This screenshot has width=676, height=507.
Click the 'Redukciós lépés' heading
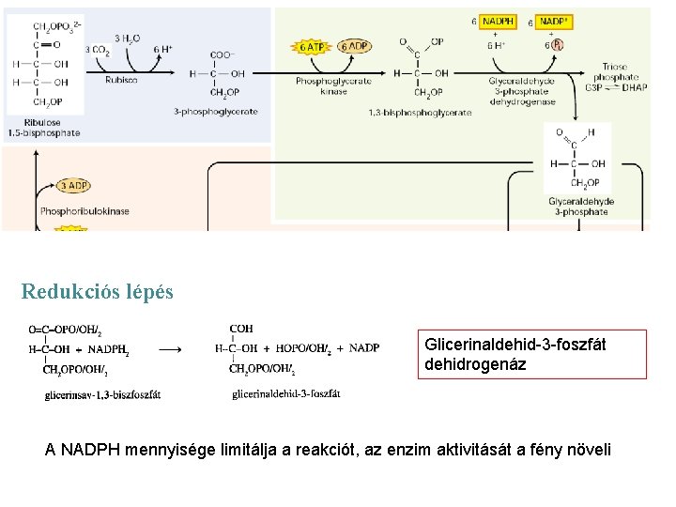coord(98,291)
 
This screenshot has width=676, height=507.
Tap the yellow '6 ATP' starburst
coord(313,46)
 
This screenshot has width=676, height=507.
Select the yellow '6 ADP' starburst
coord(354,46)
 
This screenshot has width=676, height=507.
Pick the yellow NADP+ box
coord(555,20)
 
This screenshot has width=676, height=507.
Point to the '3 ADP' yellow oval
coord(73,186)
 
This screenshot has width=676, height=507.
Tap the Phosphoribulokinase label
coord(84,211)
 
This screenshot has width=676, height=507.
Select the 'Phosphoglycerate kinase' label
coord(333,85)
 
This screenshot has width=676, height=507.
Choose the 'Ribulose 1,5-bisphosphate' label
coord(43,128)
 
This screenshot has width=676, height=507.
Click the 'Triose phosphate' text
coord(622,72)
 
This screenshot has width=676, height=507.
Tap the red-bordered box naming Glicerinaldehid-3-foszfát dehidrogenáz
coord(532,354)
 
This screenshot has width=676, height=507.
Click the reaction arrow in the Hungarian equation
coord(171,348)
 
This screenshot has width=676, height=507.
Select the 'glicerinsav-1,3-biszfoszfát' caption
coord(102,394)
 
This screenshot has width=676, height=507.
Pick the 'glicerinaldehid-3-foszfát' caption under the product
coord(285,393)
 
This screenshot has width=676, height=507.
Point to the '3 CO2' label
coord(97,49)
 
